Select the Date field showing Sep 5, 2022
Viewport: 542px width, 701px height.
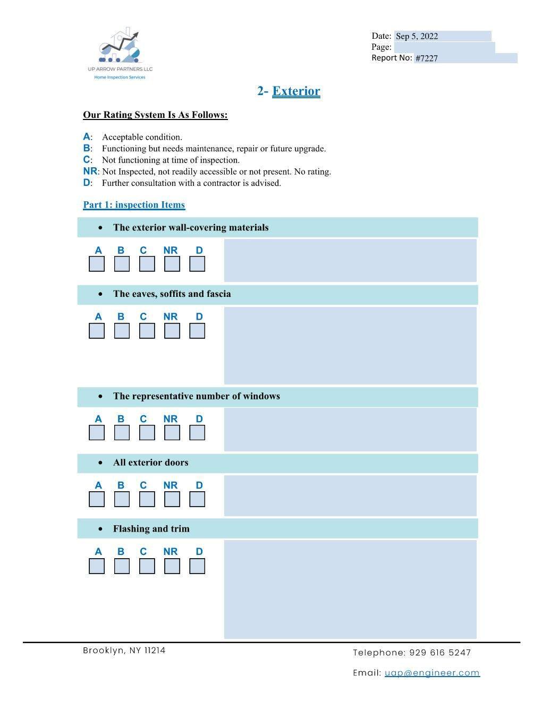coord(442,36)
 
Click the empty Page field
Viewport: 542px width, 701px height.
coord(444,47)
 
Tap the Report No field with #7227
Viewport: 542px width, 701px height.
coord(465,58)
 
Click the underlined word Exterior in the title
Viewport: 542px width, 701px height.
coord(296,91)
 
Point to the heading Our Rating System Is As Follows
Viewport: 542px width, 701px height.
coord(155,115)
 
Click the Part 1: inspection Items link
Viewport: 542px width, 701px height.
coord(134,205)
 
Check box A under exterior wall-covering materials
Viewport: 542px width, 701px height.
coord(97,264)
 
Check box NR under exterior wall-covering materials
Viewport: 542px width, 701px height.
coord(172,264)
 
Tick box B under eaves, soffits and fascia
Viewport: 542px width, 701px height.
coord(122,331)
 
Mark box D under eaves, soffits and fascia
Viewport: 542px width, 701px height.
coord(197,331)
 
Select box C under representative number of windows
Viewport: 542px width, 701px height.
coord(147,433)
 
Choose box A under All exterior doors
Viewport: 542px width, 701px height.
coord(97,499)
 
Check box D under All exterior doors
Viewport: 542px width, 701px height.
coord(197,499)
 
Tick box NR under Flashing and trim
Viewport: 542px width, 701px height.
coord(172,566)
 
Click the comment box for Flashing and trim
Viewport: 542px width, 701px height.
coord(350,589)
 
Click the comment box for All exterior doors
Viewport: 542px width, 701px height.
coord(350,495)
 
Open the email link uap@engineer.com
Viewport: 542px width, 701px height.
coord(432,673)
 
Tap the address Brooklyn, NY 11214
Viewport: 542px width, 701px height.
coord(124,651)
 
